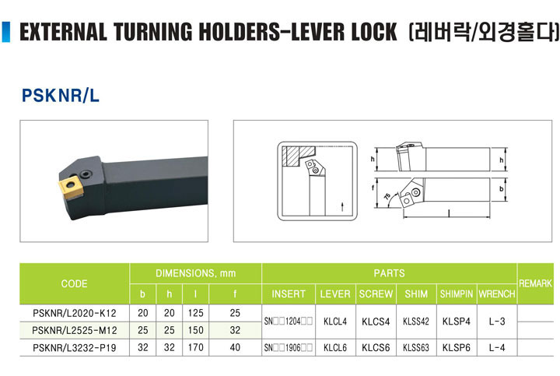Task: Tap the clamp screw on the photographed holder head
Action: (x=86, y=174)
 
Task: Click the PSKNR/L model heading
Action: (x=61, y=96)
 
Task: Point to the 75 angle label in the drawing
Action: (x=387, y=197)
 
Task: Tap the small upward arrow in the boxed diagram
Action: (x=342, y=206)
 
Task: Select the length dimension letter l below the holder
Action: (x=450, y=213)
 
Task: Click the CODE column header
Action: (x=75, y=284)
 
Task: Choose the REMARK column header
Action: (x=535, y=284)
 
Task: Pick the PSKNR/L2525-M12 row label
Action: (x=75, y=330)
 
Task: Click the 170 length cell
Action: (x=196, y=347)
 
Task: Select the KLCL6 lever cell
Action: (x=335, y=348)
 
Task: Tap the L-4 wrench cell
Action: (x=497, y=347)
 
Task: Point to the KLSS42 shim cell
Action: (x=415, y=322)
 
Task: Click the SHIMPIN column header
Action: (x=457, y=294)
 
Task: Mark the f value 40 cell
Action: (x=235, y=347)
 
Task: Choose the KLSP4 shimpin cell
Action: (x=457, y=322)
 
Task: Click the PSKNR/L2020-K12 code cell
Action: (x=75, y=313)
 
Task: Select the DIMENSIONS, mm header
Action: (x=196, y=273)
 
